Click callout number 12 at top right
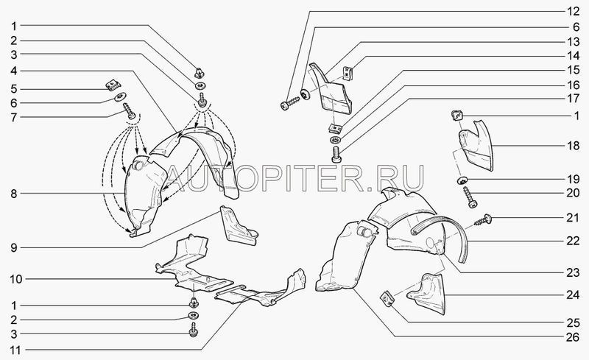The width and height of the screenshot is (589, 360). (x=573, y=11)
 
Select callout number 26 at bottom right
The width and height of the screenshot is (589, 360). (x=573, y=337)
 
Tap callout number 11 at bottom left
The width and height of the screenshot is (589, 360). (x=15, y=350)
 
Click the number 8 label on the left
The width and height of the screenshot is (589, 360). (x=13, y=194)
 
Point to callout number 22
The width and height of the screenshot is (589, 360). (x=573, y=241)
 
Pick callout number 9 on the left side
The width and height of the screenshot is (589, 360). (x=13, y=248)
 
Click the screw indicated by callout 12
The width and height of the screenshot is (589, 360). (x=290, y=103)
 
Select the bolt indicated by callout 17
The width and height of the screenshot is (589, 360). (x=336, y=155)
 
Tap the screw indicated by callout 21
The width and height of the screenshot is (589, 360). (x=483, y=220)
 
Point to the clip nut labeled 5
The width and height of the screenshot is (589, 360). (x=113, y=85)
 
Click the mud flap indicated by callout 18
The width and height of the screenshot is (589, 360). (x=476, y=146)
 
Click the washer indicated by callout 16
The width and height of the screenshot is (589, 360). (x=335, y=140)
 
